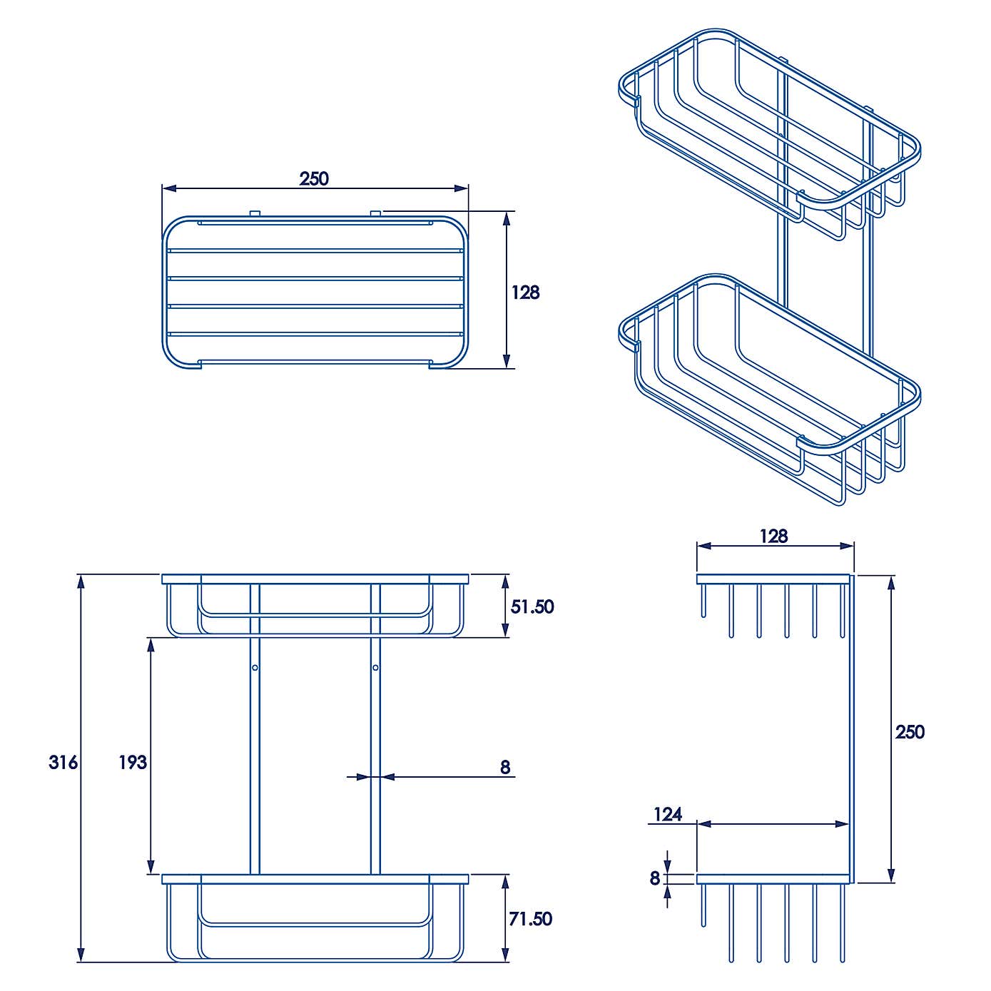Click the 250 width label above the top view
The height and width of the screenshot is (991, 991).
point(314,178)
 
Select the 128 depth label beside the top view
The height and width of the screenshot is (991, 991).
point(526,292)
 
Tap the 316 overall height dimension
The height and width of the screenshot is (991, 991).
point(63,762)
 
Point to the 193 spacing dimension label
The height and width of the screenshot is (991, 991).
point(133,762)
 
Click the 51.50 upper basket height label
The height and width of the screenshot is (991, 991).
point(532,606)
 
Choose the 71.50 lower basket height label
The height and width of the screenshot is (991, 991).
point(531,918)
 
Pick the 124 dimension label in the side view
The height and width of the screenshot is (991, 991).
point(668,814)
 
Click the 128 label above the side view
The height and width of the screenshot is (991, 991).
point(773,536)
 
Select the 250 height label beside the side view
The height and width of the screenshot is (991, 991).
point(910,732)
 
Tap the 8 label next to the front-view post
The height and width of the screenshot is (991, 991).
point(505,767)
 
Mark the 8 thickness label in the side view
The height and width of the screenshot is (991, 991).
point(655,878)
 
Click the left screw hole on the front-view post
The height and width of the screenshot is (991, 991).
point(255,668)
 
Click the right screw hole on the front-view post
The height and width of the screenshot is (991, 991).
point(375,668)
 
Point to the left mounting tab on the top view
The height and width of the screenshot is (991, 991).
point(255,213)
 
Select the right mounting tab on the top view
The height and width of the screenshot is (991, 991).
point(376,213)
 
